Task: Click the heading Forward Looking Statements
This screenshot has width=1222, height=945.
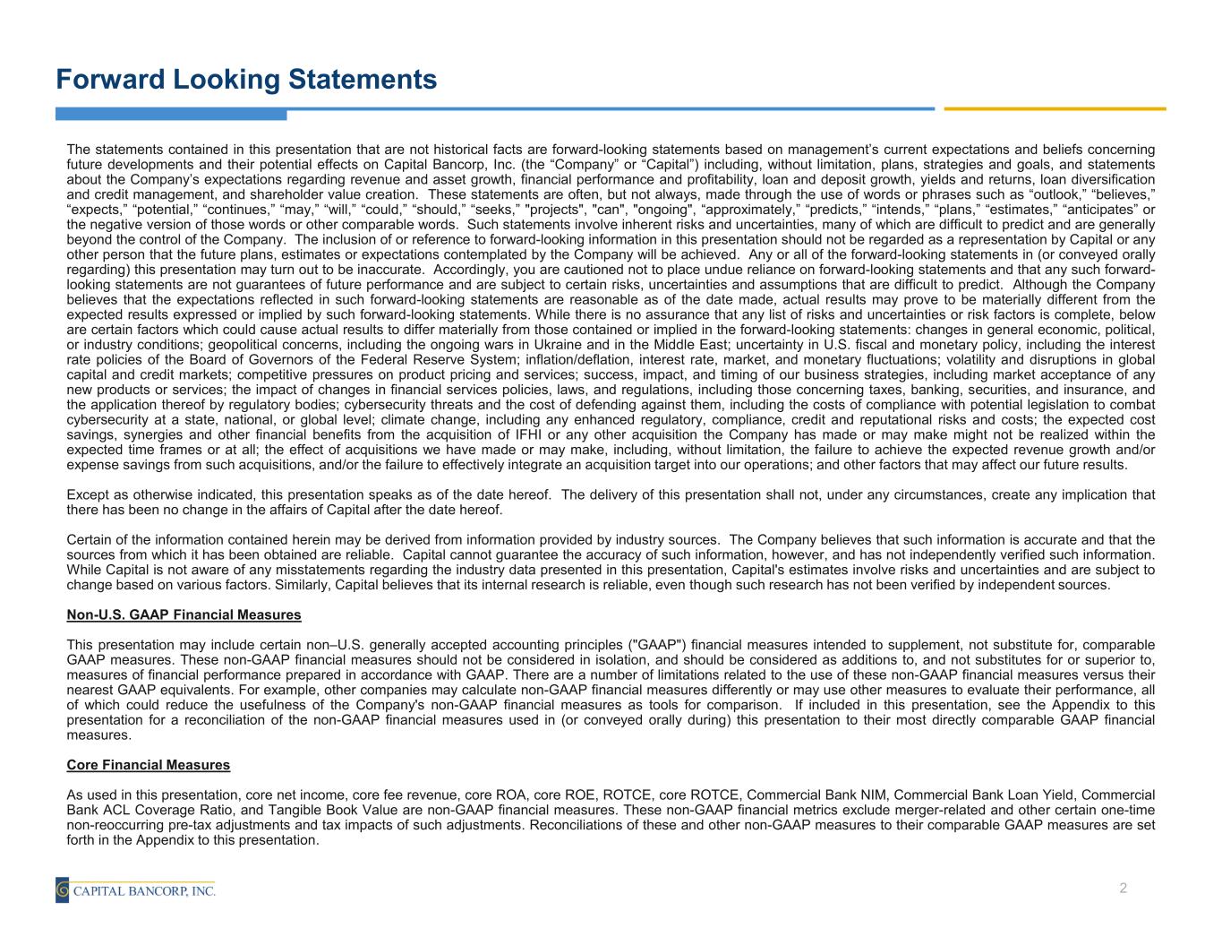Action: (x=246, y=80)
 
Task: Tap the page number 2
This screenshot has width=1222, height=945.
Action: (x=1123, y=889)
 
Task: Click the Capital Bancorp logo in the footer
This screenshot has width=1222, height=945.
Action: (x=135, y=890)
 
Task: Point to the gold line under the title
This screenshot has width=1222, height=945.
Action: (x=1055, y=109)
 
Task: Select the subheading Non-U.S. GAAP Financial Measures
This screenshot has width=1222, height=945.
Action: (x=184, y=615)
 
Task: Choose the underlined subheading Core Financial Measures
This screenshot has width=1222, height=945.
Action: (x=149, y=765)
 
